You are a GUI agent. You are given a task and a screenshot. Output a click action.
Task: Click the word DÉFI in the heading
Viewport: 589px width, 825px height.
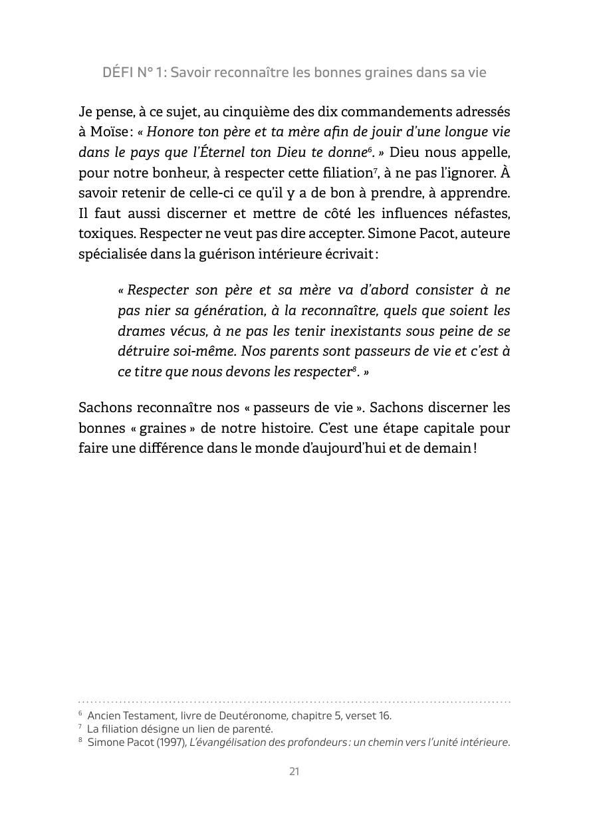[x=118, y=72]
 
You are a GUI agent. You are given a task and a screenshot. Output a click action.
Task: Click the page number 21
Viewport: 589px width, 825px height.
[x=294, y=772]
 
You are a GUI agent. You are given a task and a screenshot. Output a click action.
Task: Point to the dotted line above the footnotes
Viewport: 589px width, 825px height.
[x=294, y=701]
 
